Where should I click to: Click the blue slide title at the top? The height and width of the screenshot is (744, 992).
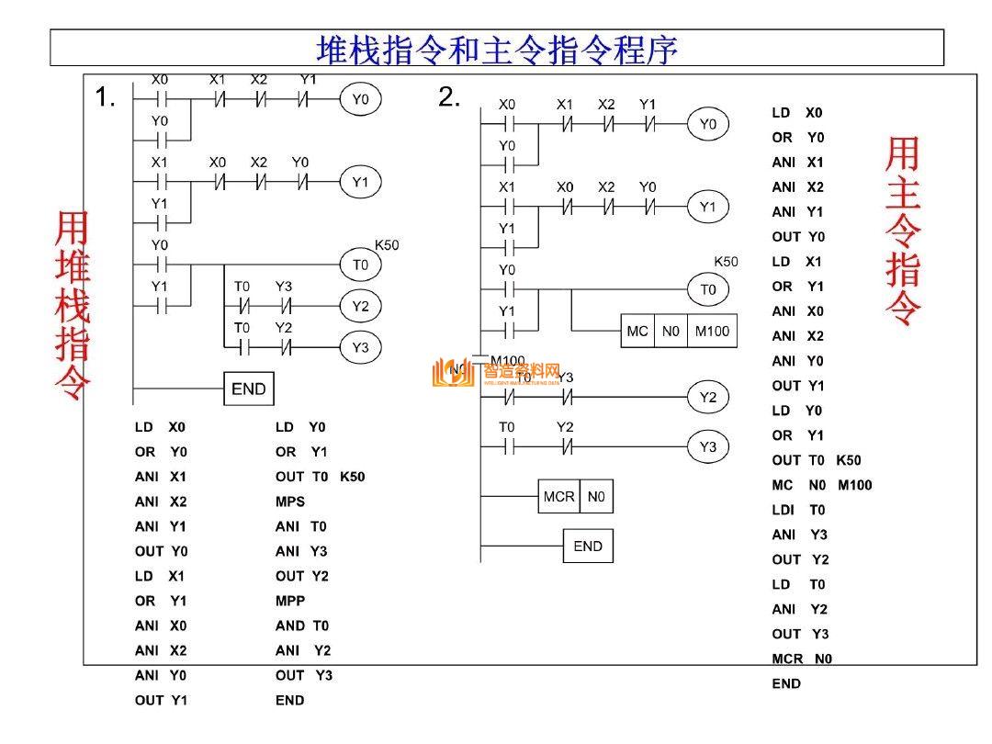[x=497, y=49]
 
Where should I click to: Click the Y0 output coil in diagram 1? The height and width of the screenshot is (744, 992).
[x=360, y=99]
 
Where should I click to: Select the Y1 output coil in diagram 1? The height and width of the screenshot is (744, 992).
[x=360, y=183]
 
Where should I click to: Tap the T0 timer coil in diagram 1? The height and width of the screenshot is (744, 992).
[x=360, y=265]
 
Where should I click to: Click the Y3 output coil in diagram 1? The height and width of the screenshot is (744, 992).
[x=360, y=347]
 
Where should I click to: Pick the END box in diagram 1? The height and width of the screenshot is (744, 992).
[x=249, y=389]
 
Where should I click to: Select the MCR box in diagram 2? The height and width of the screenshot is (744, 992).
[x=558, y=497]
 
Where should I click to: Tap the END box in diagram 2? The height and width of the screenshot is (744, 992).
[x=588, y=546]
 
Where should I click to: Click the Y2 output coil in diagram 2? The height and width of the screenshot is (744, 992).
[x=707, y=397]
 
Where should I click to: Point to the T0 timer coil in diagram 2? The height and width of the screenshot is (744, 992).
[x=707, y=289]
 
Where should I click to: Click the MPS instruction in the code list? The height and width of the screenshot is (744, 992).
[x=290, y=502]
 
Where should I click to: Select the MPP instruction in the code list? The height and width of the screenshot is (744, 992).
[x=290, y=601]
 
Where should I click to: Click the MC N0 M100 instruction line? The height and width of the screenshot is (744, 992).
[x=821, y=485]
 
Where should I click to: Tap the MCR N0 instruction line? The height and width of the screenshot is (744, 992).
[x=802, y=659]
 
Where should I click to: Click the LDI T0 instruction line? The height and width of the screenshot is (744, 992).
[x=798, y=510]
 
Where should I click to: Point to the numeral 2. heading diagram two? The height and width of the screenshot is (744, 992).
[x=449, y=97]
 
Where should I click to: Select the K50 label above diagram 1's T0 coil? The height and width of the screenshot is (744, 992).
[x=387, y=245]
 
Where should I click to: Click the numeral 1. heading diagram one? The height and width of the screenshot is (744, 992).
[x=106, y=97]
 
